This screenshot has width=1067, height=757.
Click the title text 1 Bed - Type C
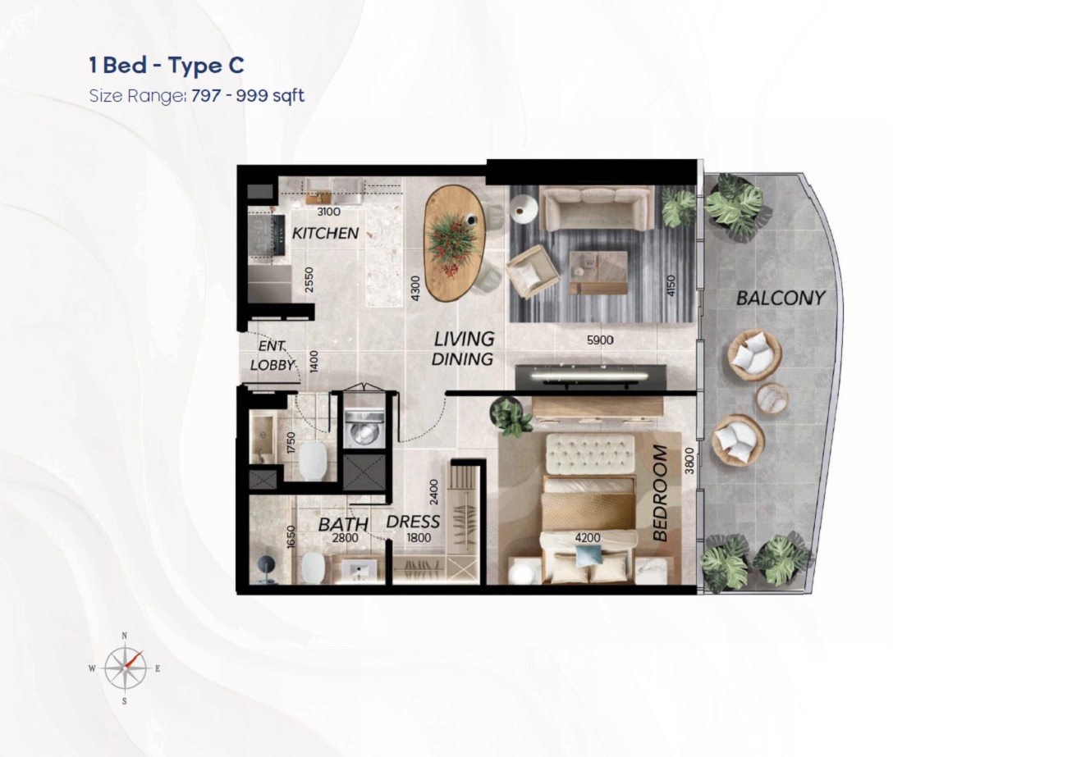[x=167, y=66]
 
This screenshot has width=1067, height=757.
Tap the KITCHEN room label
[x=326, y=234]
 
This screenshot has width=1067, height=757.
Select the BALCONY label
[x=780, y=298]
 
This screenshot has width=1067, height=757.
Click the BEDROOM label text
[x=661, y=493]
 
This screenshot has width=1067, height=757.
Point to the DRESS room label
[x=413, y=522]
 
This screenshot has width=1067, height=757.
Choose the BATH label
[x=343, y=524]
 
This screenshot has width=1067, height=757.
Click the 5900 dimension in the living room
[x=600, y=340]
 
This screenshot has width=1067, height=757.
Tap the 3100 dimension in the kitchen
[x=328, y=212]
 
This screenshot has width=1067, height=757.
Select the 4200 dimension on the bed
[x=587, y=538]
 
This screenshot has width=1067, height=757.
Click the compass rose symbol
[x=125, y=668]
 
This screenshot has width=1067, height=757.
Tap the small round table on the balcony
[x=772, y=399]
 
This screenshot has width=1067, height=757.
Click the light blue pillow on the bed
[x=587, y=555]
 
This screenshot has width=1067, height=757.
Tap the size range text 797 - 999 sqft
[x=247, y=96]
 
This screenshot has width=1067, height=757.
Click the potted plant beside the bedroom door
[x=512, y=417]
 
